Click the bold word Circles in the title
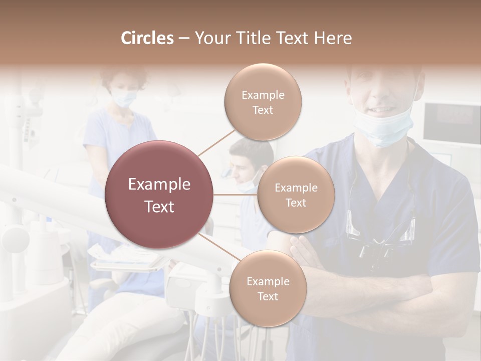[147, 38]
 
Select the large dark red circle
[159, 195]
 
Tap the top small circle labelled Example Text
[263, 102]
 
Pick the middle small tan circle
[296, 195]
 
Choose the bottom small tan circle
[268, 288]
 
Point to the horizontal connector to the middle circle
[235, 195]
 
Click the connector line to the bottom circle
[218, 249]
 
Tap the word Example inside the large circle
[159, 185]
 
